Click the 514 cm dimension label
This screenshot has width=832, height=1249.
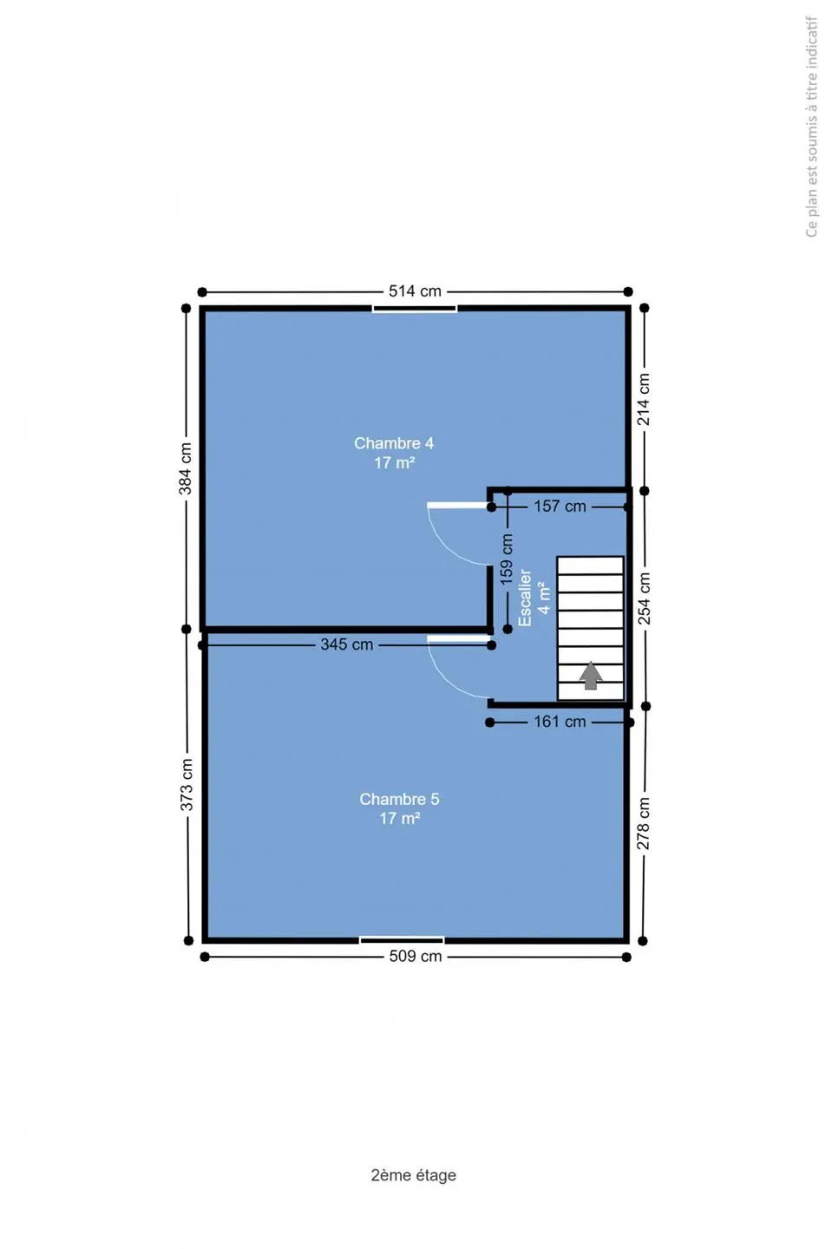tap(415, 291)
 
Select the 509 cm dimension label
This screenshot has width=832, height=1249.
tap(416, 956)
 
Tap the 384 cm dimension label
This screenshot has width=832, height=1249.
tap(186, 468)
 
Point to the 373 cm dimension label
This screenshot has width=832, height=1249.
tap(187, 784)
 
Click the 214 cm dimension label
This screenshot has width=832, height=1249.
tap(644, 399)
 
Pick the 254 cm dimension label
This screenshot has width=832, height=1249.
tap(644, 598)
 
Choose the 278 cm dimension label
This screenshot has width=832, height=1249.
tap(643, 823)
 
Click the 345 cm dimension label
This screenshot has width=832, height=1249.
tap(347, 644)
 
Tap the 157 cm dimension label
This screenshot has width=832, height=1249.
tap(560, 507)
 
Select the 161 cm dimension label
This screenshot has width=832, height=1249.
tap(560, 722)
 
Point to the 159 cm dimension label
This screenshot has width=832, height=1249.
tap(507, 559)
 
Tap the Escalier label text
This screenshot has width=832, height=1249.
tap(525, 597)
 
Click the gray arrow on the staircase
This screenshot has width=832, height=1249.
tap(591, 676)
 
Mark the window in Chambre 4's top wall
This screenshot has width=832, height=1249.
tap(415, 309)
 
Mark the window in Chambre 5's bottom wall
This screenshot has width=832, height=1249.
tap(402, 940)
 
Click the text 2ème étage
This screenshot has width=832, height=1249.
tap(414, 1174)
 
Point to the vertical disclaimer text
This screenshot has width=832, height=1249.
tap(812, 127)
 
